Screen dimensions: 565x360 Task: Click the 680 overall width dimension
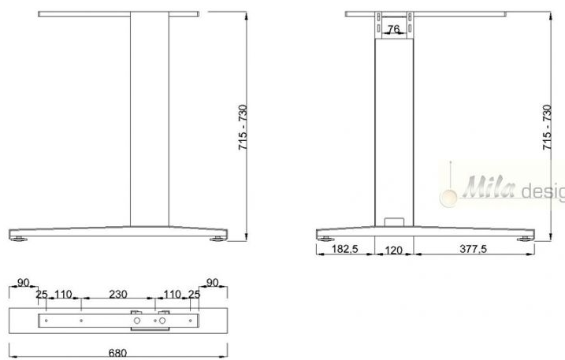pos(117,352)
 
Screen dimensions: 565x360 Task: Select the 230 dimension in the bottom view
pos(118,295)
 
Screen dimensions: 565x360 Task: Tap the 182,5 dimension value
pos(345,249)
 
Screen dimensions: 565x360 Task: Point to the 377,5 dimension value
pos(473,249)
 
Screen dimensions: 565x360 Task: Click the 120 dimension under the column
pos(393,250)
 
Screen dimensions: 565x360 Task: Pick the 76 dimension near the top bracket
pos(394,28)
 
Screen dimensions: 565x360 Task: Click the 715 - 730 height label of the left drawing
pos(243,127)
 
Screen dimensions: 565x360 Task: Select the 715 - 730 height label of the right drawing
pos(547,127)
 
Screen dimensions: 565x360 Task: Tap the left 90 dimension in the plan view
pos(23,283)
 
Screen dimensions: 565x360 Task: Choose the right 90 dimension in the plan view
pos(212,283)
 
